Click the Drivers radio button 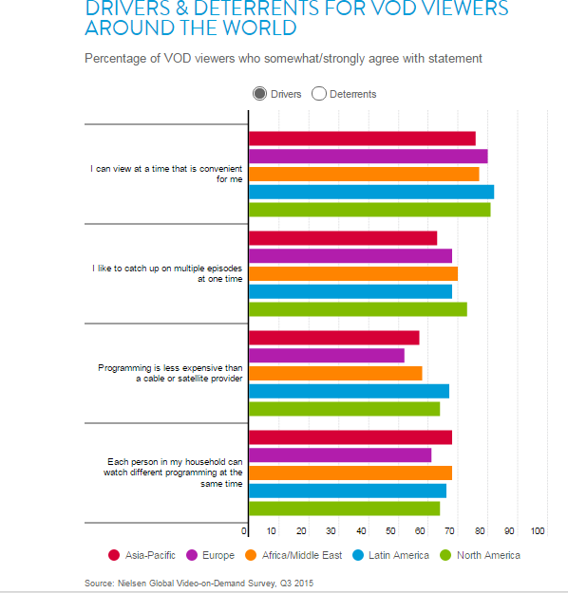click(x=260, y=94)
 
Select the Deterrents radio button click(x=319, y=94)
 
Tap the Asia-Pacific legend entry click(x=142, y=555)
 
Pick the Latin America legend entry click(x=391, y=555)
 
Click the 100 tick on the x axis click(x=539, y=531)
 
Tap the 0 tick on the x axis click(x=245, y=531)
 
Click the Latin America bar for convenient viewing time click(x=371, y=192)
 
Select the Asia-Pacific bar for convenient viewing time click(x=362, y=139)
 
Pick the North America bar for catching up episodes click(x=358, y=308)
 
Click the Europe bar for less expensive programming click(x=327, y=356)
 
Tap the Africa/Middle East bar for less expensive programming click(x=335, y=373)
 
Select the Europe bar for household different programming click(x=340, y=454)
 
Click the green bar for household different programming click(x=344, y=509)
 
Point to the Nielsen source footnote click(x=198, y=583)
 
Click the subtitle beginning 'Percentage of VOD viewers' click(x=283, y=59)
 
